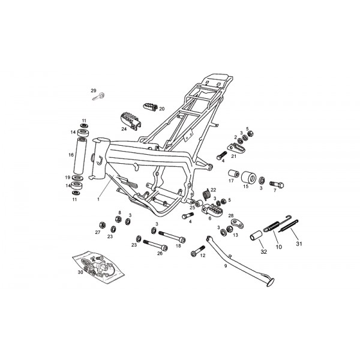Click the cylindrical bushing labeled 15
click(x=245, y=179)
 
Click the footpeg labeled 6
click(x=213, y=211)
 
